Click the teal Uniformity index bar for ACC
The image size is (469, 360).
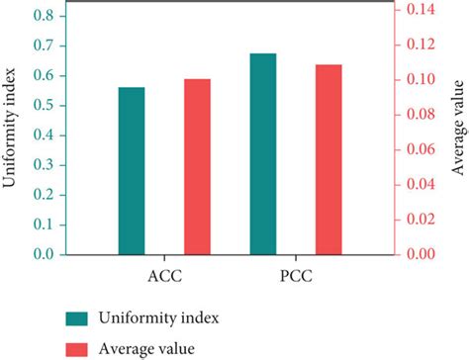click(x=132, y=170)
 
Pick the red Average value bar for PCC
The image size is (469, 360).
click(x=328, y=159)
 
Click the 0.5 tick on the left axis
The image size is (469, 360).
click(x=43, y=106)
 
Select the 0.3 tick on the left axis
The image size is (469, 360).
click(x=43, y=165)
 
